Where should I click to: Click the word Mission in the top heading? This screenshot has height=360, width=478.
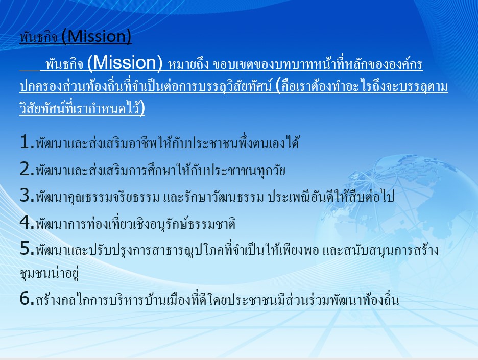click(97, 36)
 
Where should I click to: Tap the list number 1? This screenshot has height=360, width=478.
click(26, 142)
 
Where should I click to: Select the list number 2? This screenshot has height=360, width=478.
click(26, 169)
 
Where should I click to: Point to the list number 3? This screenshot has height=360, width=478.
click(26, 196)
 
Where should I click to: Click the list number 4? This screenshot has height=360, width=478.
click(26, 222)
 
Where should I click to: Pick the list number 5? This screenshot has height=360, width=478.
click(26, 249)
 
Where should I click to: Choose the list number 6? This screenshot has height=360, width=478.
click(26, 298)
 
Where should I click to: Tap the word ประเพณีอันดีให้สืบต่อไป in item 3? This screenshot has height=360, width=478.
click(331, 197)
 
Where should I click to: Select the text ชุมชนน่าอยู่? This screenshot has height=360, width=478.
click(50, 273)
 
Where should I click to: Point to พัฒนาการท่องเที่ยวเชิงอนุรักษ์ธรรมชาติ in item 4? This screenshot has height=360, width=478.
click(136, 223)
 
